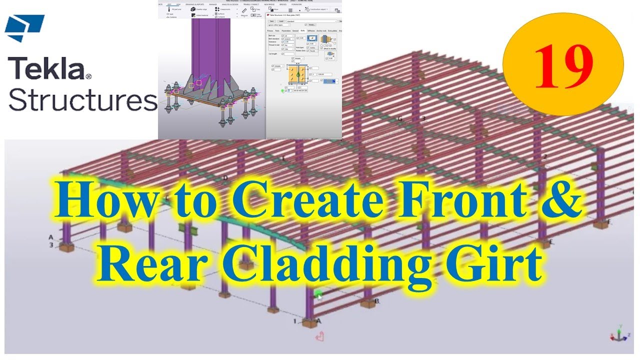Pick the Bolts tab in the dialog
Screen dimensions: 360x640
[x=302, y=31]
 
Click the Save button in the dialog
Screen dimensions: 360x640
[x=272, y=21]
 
